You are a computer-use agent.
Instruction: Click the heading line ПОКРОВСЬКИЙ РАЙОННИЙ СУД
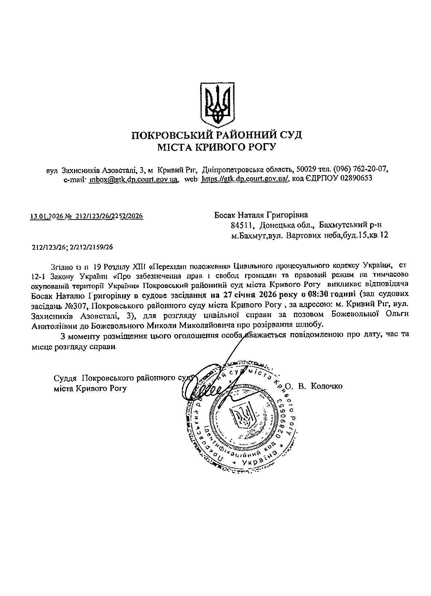point(217,135)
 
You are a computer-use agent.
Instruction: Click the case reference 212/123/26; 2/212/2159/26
point(73,247)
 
